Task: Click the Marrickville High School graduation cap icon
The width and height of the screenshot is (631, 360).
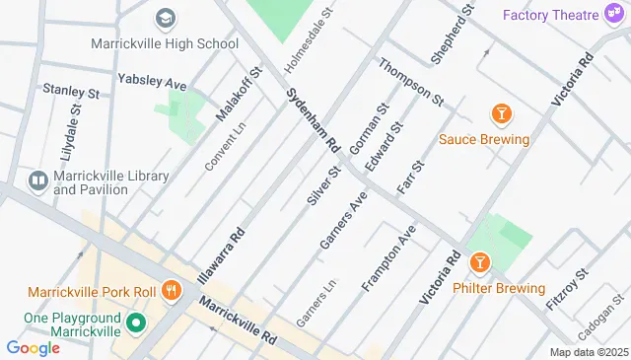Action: click(165, 18)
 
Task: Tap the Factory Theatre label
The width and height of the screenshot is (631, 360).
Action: click(551, 15)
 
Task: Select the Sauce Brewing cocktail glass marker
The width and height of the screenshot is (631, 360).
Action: click(502, 115)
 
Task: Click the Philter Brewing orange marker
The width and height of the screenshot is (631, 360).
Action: click(480, 263)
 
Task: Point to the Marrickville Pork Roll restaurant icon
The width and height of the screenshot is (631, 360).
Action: click(172, 290)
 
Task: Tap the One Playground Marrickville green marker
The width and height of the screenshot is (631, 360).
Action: click(136, 323)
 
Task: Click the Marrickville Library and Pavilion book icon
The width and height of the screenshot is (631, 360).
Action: click(37, 180)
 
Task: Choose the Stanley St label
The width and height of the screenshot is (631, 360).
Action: click(70, 91)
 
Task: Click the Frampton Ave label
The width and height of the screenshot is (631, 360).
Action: click(388, 258)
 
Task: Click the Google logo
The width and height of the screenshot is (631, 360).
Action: click(33, 347)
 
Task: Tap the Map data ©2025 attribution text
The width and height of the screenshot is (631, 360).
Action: click(588, 352)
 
